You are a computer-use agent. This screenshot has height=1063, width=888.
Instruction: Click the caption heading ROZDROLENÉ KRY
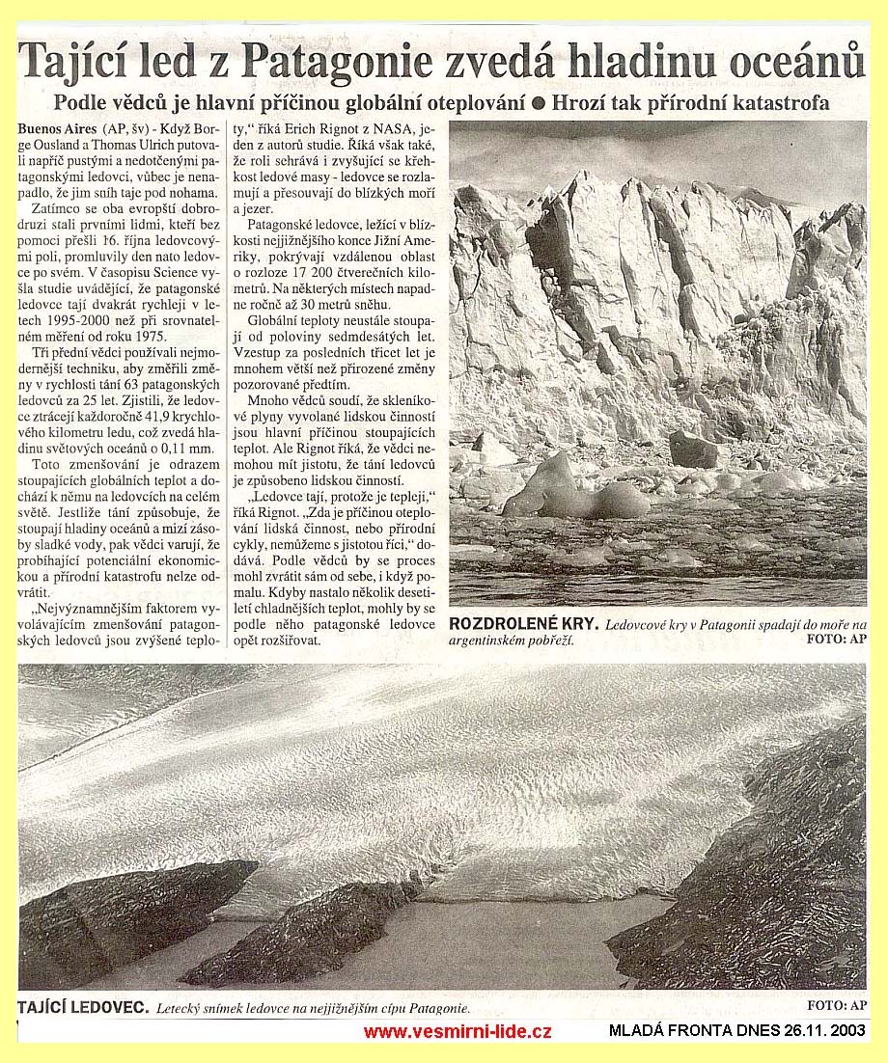pyautogui.click(x=522, y=625)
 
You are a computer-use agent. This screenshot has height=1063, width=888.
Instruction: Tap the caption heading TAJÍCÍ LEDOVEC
pyautogui.click(x=84, y=1007)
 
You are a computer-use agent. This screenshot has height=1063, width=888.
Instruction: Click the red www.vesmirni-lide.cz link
pyautogui.click(x=458, y=1032)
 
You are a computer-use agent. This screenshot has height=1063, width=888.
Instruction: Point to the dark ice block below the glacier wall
pyautogui.click(x=693, y=450)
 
